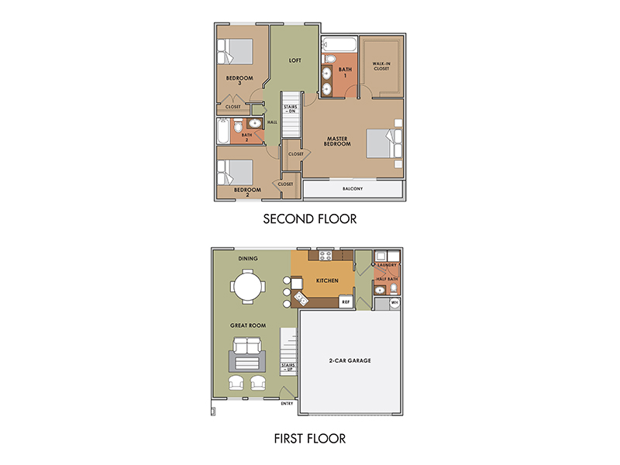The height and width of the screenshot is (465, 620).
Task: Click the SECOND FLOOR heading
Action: (x=310, y=219)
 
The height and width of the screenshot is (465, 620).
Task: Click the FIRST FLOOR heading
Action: (x=310, y=439)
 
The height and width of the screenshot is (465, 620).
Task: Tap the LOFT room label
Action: (x=295, y=60)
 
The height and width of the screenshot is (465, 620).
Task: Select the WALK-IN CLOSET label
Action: (x=381, y=66)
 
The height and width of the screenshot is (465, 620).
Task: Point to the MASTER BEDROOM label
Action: (x=337, y=141)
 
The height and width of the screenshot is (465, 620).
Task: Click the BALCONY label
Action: (x=353, y=189)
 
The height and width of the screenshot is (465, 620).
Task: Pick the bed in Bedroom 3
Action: (x=235, y=51)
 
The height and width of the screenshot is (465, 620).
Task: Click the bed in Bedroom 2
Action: (x=235, y=172)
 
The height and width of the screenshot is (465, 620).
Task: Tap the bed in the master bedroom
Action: (x=384, y=143)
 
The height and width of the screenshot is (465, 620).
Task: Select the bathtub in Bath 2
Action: (x=223, y=131)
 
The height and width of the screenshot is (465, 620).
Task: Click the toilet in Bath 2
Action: (x=238, y=126)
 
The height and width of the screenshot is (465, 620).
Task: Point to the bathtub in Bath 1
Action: (x=339, y=44)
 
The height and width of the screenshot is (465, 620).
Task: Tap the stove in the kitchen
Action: (x=325, y=256)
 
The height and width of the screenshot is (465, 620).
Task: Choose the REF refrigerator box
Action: (x=346, y=301)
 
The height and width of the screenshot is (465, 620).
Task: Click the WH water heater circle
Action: (x=394, y=303)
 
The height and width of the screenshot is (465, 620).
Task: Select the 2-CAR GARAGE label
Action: (x=350, y=360)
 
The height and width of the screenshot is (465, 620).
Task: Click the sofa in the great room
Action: (x=247, y=346)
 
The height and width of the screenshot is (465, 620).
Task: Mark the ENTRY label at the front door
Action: (x=287, y=404)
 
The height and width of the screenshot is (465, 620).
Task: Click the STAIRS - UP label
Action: (x=288, y=367)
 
